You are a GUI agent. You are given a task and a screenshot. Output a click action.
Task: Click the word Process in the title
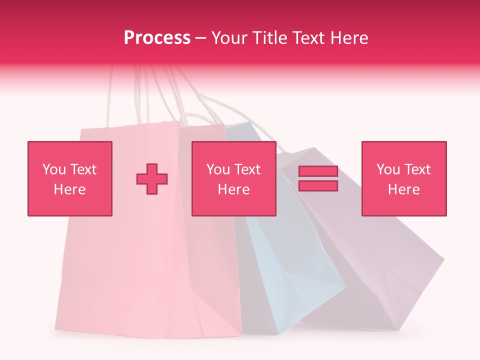coord(157,38)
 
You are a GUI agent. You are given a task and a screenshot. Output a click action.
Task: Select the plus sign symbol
coord(152,179)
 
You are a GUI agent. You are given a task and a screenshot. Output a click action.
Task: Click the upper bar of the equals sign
coord(318,171)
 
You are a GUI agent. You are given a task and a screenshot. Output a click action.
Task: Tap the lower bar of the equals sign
coord(318,185)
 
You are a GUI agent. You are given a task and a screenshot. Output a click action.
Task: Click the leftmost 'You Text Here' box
coord(70,178)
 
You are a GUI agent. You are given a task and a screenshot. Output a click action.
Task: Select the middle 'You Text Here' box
coord(233,178)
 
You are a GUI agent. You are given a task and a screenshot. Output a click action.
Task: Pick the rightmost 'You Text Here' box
coord(404,178)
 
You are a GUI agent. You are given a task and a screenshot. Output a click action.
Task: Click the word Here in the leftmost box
coord(70,189)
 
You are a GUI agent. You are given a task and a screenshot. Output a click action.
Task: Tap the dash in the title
coord(201,38)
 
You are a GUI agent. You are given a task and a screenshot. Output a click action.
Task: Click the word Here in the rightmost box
coord(404,189)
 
